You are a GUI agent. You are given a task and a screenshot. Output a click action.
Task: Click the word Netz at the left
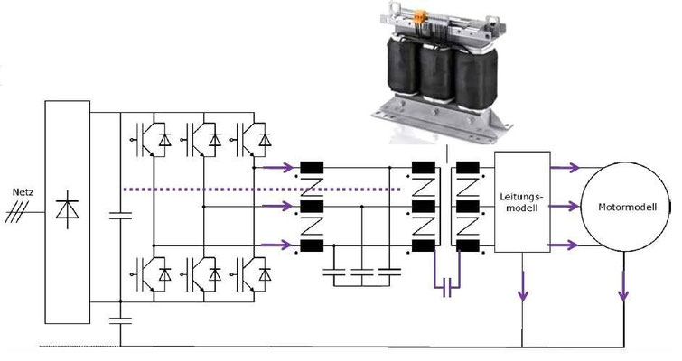(x=22, y=192)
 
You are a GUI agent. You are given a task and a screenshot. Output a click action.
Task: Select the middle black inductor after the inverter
(x=313, y=206)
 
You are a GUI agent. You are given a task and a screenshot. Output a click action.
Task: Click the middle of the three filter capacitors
(x=361, y=271)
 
